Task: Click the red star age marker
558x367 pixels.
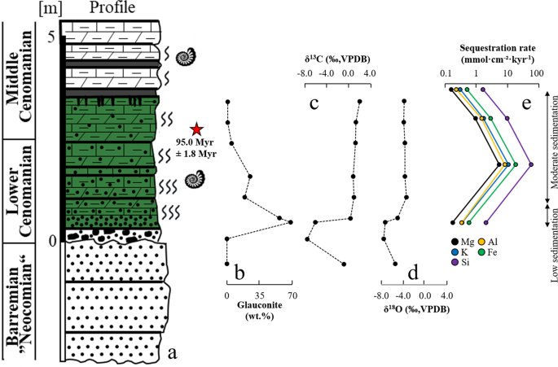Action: [196, 129]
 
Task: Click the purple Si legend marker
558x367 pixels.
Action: [455, 262]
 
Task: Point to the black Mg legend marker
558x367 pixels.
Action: [455, 242]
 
